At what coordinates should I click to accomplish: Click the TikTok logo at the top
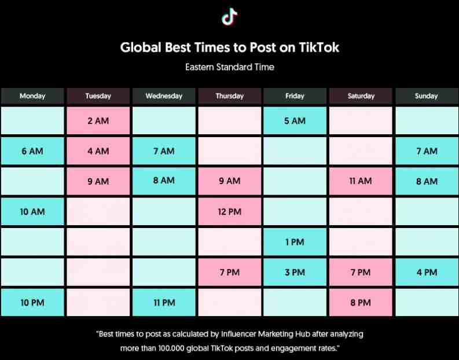point(229,16)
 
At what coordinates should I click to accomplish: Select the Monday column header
point(32,96)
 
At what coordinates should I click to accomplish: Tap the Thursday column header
point(229,96)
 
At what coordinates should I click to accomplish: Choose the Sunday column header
point(427,96)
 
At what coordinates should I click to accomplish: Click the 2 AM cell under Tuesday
point(98,120)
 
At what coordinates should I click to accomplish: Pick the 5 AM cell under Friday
point(295,120)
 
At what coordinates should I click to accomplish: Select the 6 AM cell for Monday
point(32,151)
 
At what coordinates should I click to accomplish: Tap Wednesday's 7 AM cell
point(164,151)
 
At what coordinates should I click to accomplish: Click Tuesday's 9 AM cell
point(98,181)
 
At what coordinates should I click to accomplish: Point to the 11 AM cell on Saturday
point(361,181)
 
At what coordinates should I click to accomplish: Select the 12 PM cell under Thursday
point(229,212)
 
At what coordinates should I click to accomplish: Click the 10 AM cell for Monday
point(32,212)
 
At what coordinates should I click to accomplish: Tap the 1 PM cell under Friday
point(295,242)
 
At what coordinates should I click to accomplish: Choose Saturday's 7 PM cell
point(361,272)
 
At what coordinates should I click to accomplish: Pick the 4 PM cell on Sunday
point(427,272)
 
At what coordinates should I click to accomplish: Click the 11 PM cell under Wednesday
point(164,302)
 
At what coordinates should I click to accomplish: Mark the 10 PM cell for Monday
point(32,302)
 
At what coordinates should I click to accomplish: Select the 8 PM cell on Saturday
point(361,302)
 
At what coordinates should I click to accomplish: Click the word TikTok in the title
point(319,47)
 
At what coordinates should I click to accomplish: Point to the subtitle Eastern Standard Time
point(229,67)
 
